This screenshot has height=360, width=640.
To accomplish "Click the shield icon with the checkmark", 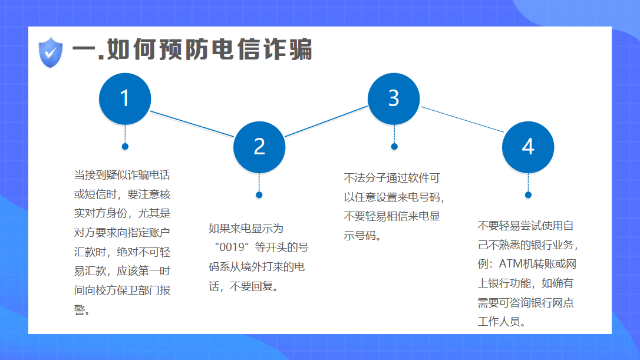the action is coord(51,52).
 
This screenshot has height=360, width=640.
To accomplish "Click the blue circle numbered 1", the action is coord(125,99).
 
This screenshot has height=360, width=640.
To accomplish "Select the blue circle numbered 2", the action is coord(259,147).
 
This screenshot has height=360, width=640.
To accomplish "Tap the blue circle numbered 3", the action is coord(394,99).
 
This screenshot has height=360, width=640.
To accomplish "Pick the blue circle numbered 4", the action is coord(528,147).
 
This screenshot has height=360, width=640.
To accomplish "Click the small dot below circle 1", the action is coord(125,147).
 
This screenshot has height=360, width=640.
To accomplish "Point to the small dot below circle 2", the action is coord(259,195).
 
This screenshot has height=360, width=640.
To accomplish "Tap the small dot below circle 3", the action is coord(394,147).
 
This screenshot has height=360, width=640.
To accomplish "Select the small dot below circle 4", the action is coord(528,195).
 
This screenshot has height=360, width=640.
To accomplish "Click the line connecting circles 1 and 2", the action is coord(192,124).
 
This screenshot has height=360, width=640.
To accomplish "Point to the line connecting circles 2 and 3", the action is coord(326,121).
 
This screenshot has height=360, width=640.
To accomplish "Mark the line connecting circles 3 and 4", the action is coord(462,119).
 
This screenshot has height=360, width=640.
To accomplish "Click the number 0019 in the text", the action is coord(232,247).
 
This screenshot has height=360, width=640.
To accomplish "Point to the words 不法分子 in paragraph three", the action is coord(365,178).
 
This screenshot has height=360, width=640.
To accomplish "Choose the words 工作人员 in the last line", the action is coord(499,322).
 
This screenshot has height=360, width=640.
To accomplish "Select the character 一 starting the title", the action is coord(84,51).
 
